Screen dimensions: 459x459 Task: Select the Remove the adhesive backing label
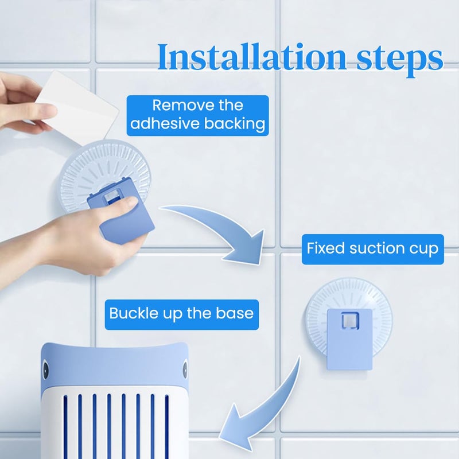(197, 115)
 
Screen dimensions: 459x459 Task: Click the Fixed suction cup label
(372, 248)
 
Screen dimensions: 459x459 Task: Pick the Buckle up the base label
(181, 313)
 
